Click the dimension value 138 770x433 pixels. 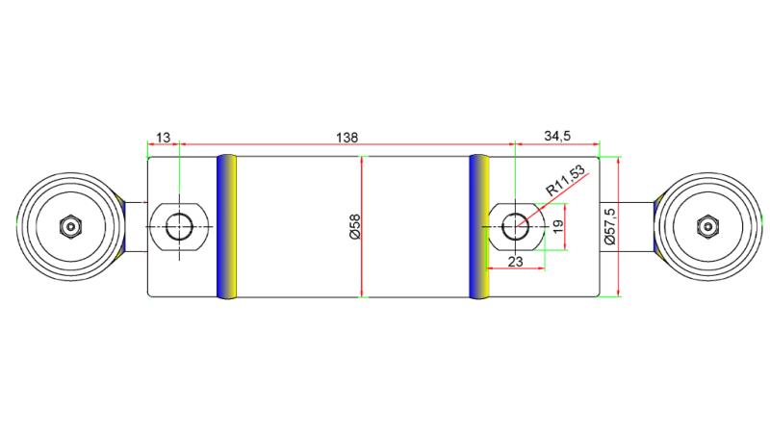point(348,139)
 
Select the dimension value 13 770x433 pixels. point(163,139)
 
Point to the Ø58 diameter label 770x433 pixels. point(353,227)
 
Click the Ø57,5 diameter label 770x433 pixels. point(609,227)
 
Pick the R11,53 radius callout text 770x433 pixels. point(565,181)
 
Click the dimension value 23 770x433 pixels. point(514,260)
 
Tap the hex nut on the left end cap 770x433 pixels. point(70,227)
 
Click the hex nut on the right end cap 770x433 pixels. point(706,227)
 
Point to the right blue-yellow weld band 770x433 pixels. point(479,227)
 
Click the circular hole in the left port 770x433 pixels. point(179,227)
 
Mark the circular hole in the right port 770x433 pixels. point(516,227)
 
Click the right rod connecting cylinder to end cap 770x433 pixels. point(628,227)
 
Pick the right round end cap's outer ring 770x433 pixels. point(751,227)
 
